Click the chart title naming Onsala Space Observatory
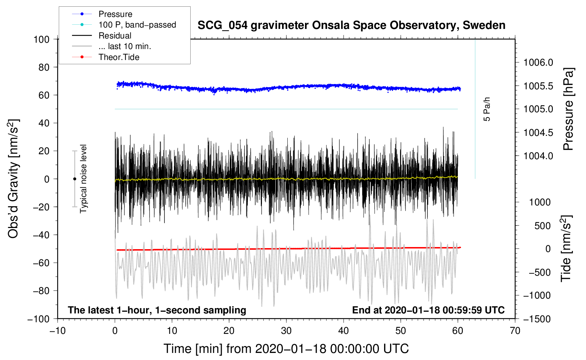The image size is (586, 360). click(351, 25)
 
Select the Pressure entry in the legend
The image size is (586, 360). click(115, 14)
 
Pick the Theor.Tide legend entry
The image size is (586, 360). click(119, 57)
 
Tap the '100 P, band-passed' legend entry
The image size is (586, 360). click(137, 25)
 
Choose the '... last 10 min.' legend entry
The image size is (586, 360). click(125, 46)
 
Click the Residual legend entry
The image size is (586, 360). click(115, 36)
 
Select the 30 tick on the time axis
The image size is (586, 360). click(286, 331)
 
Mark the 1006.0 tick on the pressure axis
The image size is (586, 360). click(538, 62)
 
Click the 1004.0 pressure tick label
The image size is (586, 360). click(538, 156)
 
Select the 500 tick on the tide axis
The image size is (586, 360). click(542, 226)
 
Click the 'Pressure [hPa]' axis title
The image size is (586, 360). click(568, 109)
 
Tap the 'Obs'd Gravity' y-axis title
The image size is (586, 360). click(13, 179)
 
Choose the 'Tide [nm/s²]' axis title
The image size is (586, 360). click(566, 249)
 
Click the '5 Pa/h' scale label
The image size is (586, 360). click(487, 109)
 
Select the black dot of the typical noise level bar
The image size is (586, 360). click(74, 179)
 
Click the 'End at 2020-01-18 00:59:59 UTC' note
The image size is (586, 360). click(428, 310)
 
